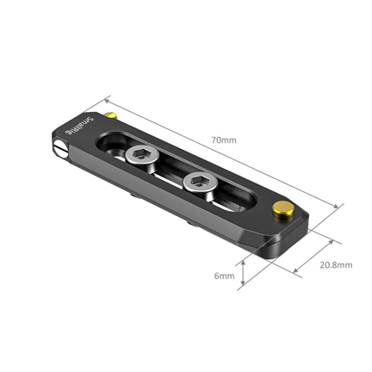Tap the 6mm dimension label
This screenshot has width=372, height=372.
[224, 276]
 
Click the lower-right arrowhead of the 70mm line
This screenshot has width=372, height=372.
[337, 207]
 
